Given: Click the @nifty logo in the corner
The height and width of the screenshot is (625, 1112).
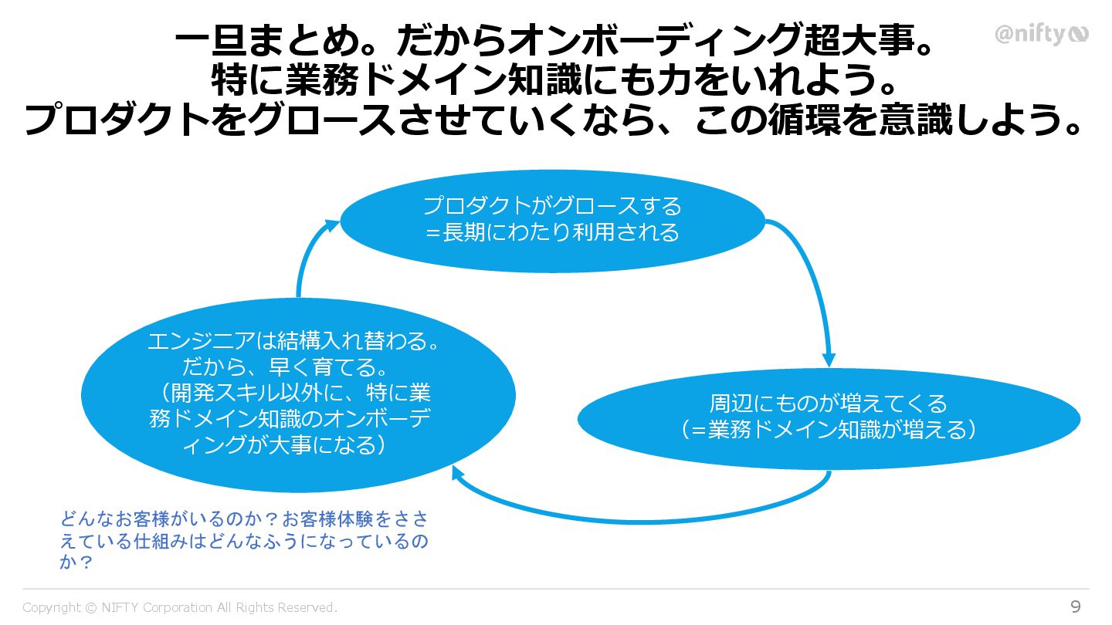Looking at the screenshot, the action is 1041,35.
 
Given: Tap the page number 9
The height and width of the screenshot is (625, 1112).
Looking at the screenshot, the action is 1075,606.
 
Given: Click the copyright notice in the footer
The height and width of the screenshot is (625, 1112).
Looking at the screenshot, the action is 180,607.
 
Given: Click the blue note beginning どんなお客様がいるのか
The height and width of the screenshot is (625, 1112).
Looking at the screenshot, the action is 243,540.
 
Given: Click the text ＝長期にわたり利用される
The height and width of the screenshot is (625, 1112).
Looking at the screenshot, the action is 552,231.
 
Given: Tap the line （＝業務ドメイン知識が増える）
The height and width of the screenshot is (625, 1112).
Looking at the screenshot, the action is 829,430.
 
